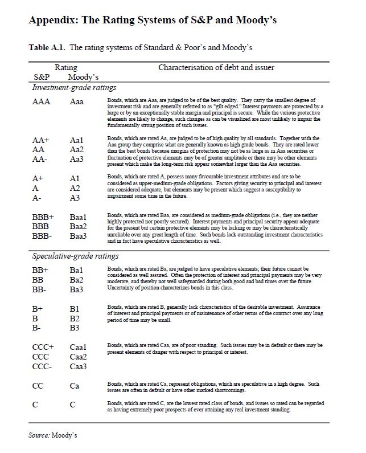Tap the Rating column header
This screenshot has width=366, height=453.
click(65, 67)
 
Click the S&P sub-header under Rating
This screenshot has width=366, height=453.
click(42, 77)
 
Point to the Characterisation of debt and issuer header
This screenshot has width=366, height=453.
click(216, 67)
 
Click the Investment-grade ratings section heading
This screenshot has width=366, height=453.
click(74, 87)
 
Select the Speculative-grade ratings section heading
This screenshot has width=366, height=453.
click(75, 256)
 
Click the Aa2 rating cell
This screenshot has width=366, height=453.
click(77, 149)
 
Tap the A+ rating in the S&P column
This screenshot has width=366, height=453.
click(38, 178)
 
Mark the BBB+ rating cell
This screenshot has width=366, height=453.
click(43, 217)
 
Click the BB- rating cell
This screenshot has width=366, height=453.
click(40, 290)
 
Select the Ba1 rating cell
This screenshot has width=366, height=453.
click(77, 270)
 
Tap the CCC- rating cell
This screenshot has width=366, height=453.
click(43, 366)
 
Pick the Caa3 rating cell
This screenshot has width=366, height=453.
click(79, 366)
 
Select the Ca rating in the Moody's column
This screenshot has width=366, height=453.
click(75, 386)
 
